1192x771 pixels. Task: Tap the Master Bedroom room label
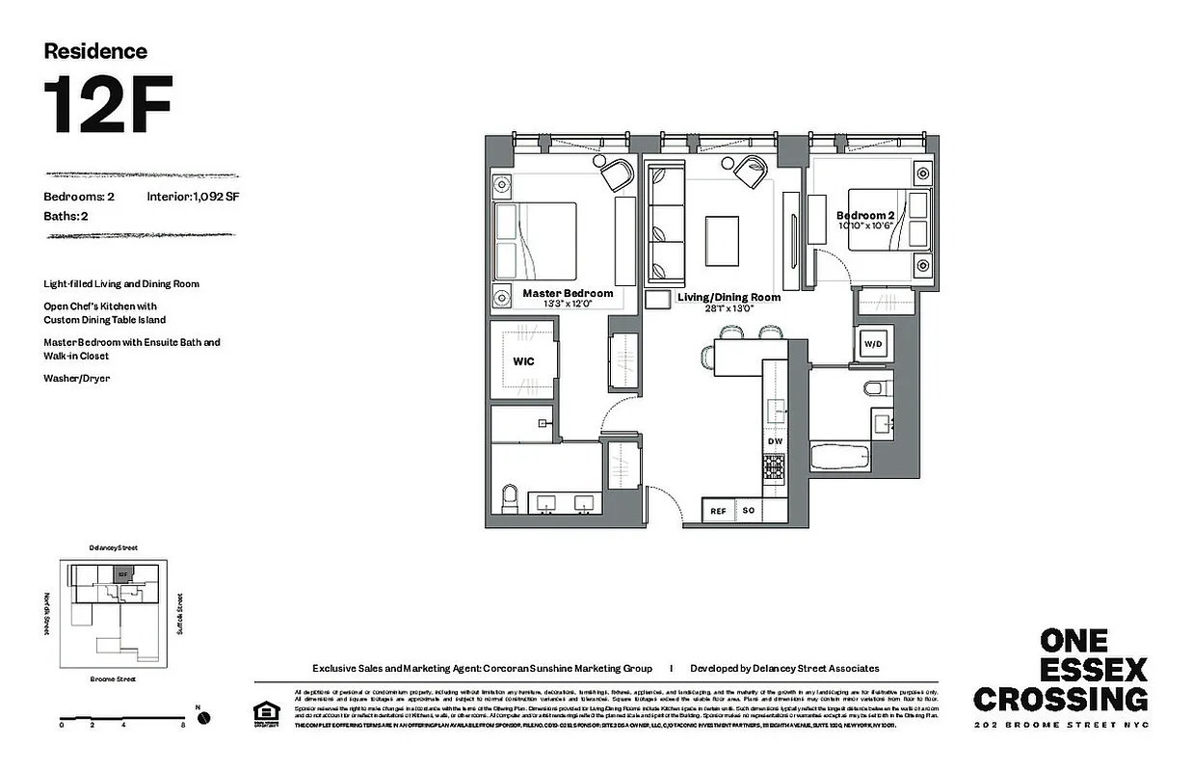point(568,293)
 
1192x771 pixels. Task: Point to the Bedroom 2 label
point(866,216)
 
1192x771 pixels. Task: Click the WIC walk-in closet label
point(523,361)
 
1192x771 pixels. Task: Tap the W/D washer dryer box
point(873,343)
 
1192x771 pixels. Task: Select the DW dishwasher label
point(776,441)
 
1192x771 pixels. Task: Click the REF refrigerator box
point(718,512)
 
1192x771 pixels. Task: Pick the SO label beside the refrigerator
point(749,511)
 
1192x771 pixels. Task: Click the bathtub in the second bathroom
point(847,457)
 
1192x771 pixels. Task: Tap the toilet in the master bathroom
point(511,499)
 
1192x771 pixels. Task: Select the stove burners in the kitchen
point(776,466)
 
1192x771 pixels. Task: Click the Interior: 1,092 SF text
point(192,197)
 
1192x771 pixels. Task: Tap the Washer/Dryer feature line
point(76,379)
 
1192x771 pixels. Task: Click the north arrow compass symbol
point(203,718)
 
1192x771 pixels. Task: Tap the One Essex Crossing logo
point(1060,671)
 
